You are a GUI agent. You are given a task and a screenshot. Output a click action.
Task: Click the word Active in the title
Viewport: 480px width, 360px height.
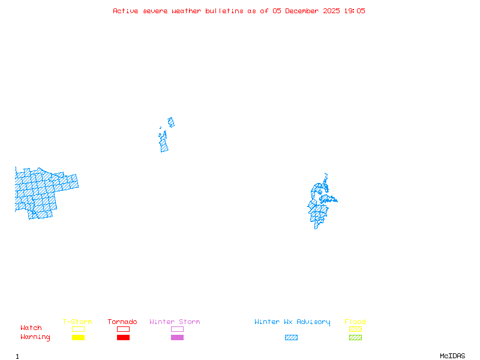pyautogui.click(x=125, y=11)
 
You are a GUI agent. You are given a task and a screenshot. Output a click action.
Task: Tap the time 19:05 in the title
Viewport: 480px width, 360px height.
pyautogui.click(x=354, y=11)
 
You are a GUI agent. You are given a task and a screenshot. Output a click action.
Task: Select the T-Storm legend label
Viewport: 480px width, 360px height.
pyautogui.click(x=77, y=322)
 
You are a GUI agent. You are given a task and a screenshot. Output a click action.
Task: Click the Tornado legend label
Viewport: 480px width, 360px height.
pyautogui.click(x=122, y=322)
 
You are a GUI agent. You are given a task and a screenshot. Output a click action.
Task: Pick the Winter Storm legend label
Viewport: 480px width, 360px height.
pyautogui.click(x=175, y=322)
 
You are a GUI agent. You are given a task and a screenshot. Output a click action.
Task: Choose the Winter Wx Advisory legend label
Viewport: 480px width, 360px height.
pyautogui.click(x=292, y=322)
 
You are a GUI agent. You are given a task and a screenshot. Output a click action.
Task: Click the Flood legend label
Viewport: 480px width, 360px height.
pyautogui.click(x=355, y=322)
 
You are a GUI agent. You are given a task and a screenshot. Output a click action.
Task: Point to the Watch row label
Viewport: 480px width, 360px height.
pyautogui.click(x=31, y=328)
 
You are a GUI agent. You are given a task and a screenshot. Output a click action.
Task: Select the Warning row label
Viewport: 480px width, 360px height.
pyautogui.click(x=35, y=337)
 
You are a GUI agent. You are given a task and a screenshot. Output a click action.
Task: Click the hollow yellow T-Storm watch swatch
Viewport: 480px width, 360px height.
pyautogui.click(x=78, y=329)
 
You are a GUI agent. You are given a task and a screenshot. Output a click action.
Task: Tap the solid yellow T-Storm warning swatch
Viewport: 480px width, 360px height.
pyautogui.click(x=78, y=338)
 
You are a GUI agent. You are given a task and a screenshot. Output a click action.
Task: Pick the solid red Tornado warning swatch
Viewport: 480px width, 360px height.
pyautogui.click(x=123, y=338)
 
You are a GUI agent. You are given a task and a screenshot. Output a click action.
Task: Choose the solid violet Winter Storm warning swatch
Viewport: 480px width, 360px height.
pyautogui.click(x=177, y=338)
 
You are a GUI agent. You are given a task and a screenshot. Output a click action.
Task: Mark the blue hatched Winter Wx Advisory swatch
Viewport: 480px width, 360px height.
pyautogui.click(x=291, y=338)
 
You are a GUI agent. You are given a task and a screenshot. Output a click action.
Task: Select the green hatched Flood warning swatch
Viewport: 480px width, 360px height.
pyautogui.click(x=355, y=338)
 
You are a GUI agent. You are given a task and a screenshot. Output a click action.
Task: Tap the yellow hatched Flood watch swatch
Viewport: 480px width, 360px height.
pyautogui.click(x=355, y=329)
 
